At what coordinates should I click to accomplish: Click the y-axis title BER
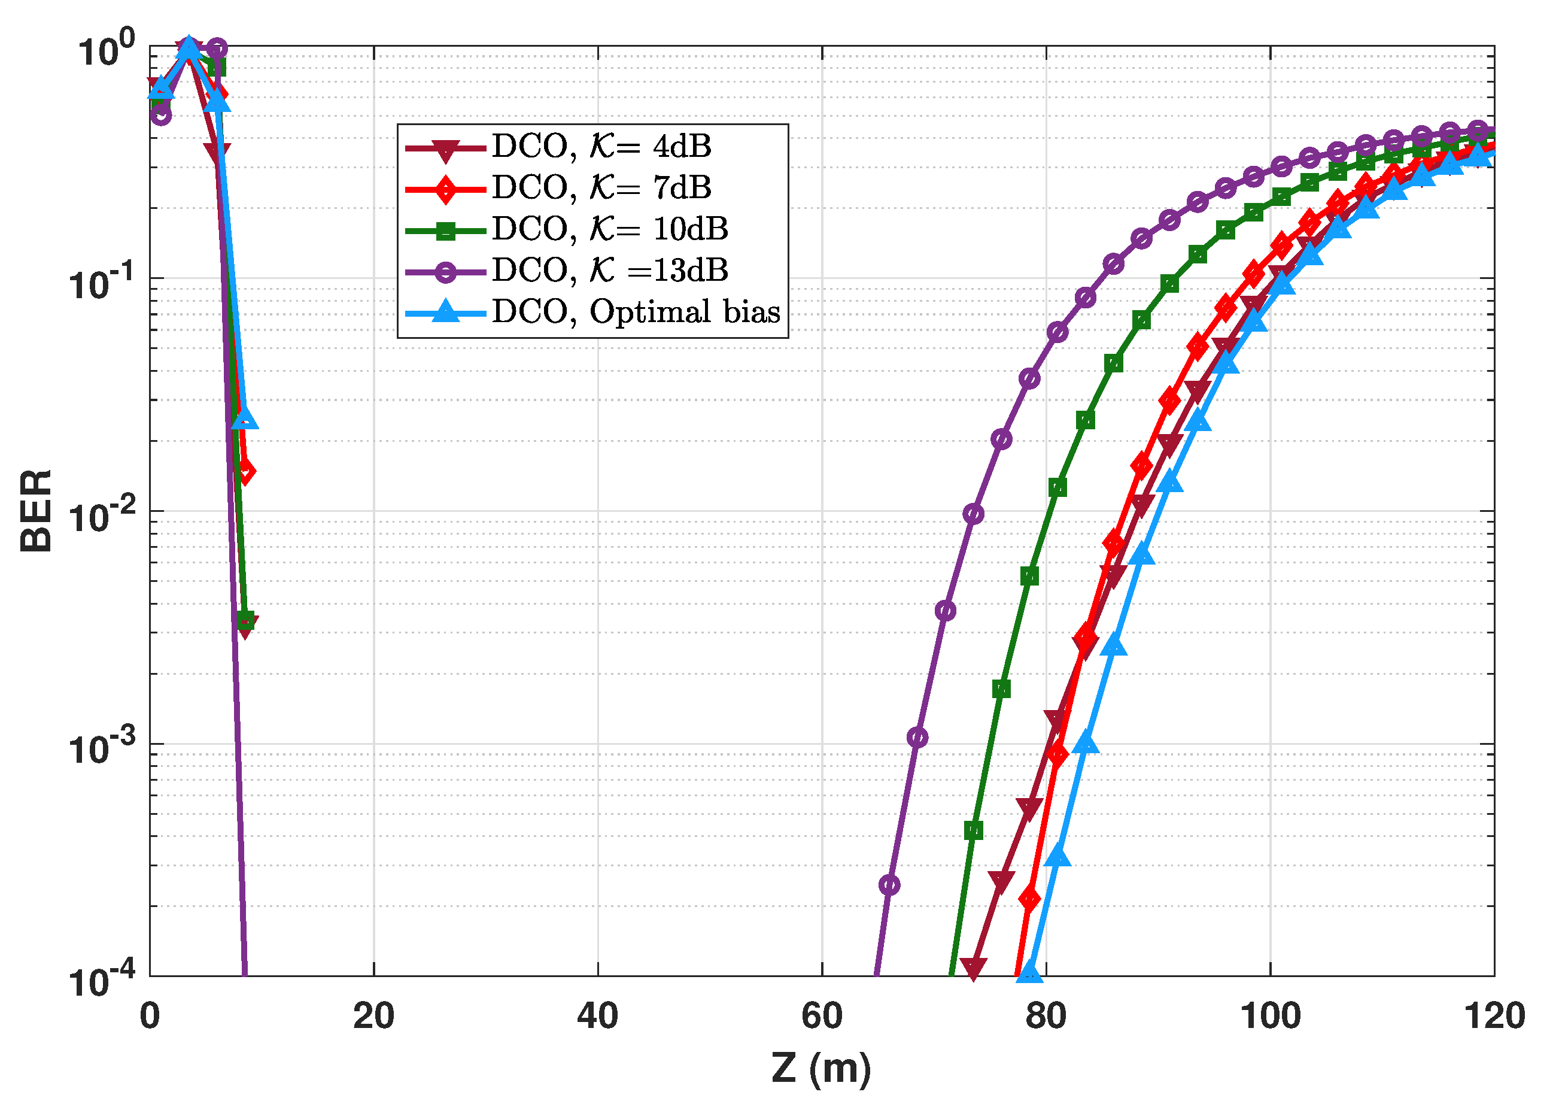36,511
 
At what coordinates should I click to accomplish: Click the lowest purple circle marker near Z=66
889,885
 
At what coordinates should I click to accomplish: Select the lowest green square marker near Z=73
973,830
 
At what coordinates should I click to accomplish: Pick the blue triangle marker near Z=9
245,418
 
